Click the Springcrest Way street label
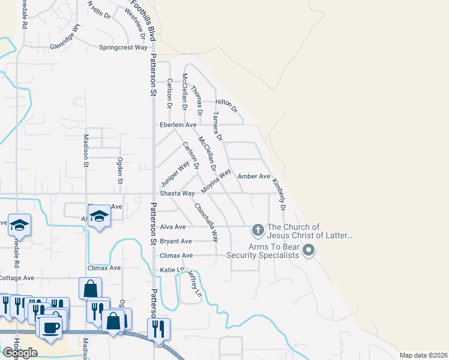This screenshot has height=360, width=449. click(123, 47)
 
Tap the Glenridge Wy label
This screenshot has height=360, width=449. click(65, 37)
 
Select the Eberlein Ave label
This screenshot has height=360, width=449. click(178, 125)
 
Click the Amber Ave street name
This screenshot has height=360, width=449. click(254, 176)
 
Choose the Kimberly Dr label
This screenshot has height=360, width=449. click(279, 193)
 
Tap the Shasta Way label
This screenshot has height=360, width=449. click(177, 193)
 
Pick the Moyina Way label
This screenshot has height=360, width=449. click(216, 181)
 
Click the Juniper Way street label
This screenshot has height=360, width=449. click(175, 173)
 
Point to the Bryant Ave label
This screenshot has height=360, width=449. click(176, 241)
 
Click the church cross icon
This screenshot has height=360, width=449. click(258, 230)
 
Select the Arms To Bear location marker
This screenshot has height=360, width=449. click(309, 250)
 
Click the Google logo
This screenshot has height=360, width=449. click(20, 353)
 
